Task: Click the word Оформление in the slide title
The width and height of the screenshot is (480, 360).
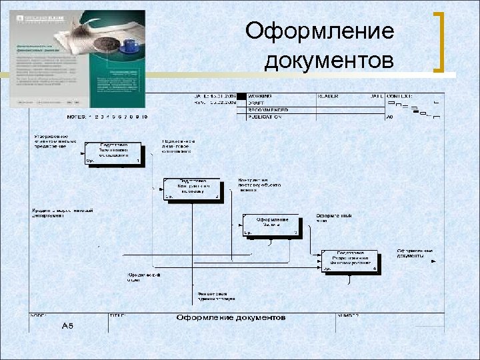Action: (319, 31)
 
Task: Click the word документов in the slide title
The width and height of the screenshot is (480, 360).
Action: (329, 61)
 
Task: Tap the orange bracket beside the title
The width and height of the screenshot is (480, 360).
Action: (439, 41)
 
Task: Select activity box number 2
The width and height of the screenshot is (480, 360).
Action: (192, 189)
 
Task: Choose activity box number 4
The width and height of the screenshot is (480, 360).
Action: (349, 261)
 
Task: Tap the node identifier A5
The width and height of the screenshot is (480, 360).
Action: (67, 325)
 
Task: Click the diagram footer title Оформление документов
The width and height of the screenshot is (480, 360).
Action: (231, 317)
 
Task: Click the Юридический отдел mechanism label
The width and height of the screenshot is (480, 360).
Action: (144, 277)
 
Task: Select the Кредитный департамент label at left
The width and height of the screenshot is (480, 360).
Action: (62, 213)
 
